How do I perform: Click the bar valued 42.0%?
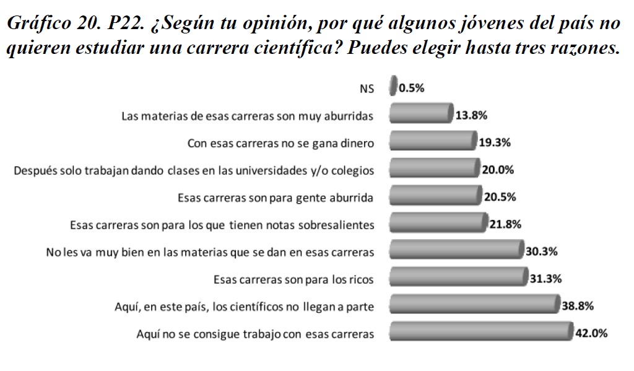tap(480, 332)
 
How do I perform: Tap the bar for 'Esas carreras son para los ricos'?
tap(458, 278)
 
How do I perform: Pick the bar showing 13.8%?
tap(420, 114)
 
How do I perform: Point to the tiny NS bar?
tap(393, 87)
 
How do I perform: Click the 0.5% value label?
tap(412, 88)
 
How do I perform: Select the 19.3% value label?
tap(495, 142)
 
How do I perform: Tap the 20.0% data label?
tap(498, 170)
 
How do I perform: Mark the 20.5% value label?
tap(500, 197)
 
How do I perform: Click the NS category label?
tap(367, 89)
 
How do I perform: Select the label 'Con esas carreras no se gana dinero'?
tap(280, 144)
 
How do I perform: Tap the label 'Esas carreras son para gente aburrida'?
tap(276, 198)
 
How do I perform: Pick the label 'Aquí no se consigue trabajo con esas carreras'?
tap(255, 334)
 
